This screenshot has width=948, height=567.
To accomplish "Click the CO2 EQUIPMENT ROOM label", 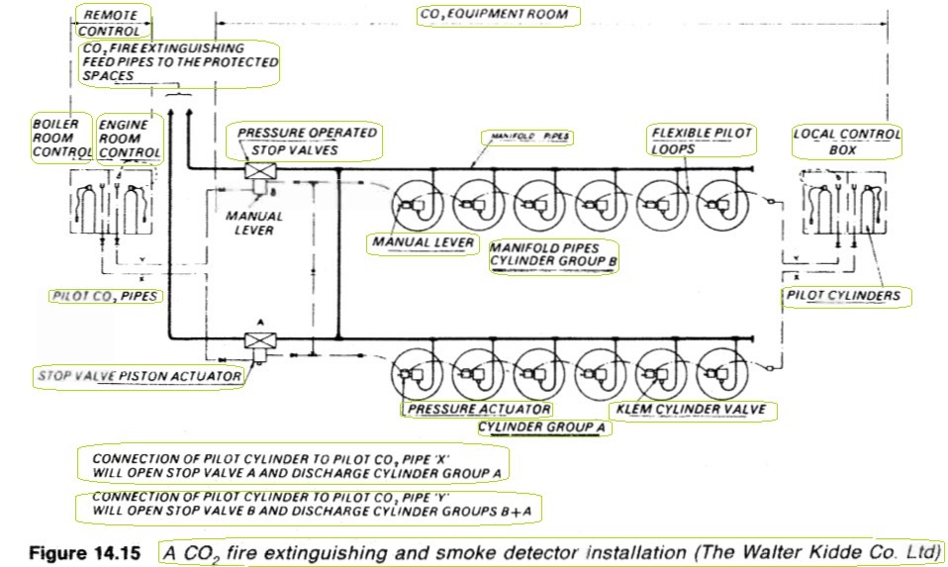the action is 495,15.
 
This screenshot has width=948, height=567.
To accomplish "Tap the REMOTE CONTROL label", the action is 110,23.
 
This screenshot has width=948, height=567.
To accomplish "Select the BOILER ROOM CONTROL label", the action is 61,138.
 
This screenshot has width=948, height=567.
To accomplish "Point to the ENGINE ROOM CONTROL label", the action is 130,140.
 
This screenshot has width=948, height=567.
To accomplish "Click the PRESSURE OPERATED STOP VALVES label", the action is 306,142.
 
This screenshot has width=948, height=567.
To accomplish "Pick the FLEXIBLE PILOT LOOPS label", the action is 702,141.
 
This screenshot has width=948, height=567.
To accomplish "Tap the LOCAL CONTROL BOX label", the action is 846,142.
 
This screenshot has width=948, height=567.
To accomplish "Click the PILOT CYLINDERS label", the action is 843,296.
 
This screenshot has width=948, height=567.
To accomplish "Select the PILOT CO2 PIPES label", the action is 105,296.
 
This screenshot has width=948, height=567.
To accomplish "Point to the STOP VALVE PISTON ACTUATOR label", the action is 140,376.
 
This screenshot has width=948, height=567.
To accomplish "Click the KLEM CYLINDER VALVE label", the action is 691,410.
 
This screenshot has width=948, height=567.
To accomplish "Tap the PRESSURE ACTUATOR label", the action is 479,410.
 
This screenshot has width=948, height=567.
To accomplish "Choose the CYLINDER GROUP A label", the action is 541,427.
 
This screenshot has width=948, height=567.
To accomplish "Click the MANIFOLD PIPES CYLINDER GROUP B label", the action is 553,255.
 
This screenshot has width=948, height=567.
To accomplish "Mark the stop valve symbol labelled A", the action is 260,340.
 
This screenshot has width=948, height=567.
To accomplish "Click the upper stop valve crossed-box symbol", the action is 260,171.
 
